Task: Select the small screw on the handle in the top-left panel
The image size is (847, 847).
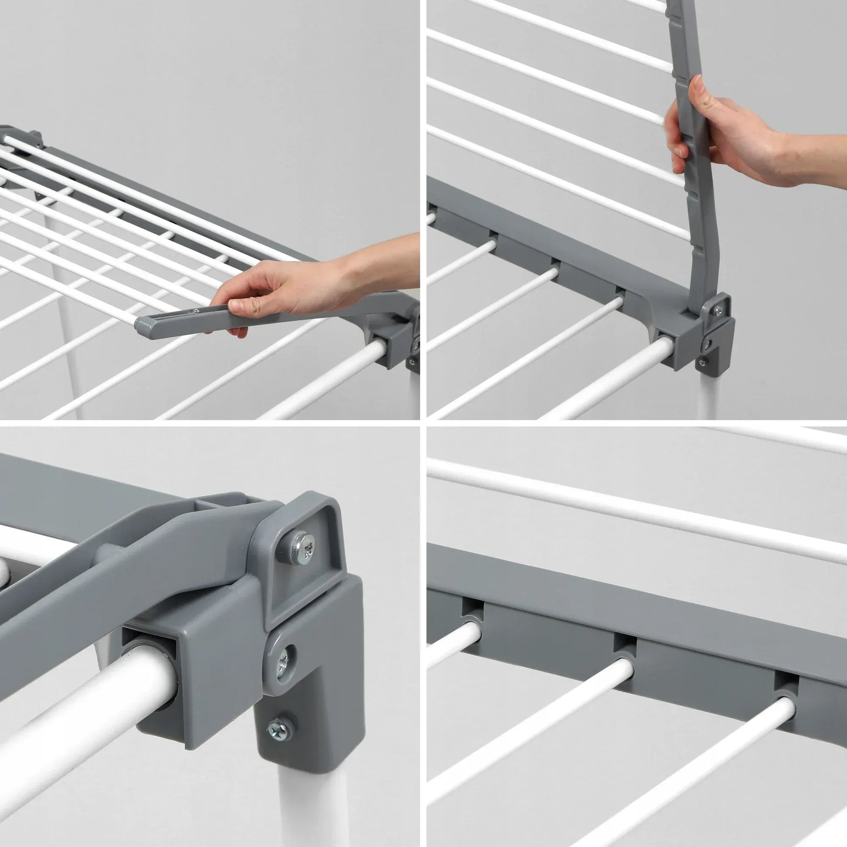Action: point(195,310)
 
